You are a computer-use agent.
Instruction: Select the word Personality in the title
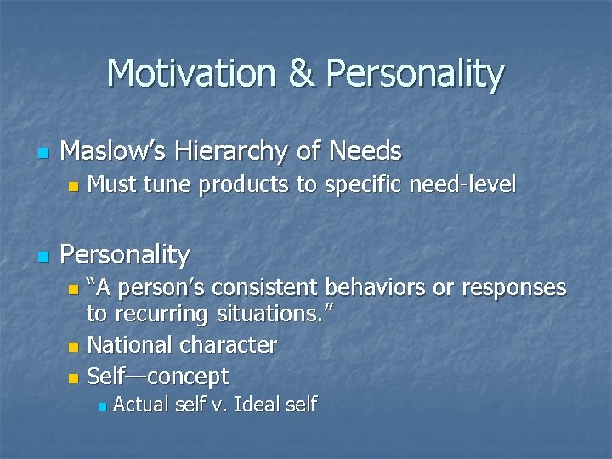pos(416,74)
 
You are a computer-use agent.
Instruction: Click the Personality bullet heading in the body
pos(125,254)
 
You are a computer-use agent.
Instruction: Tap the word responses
pos(513,288)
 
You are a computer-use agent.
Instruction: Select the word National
pos(127,345)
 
